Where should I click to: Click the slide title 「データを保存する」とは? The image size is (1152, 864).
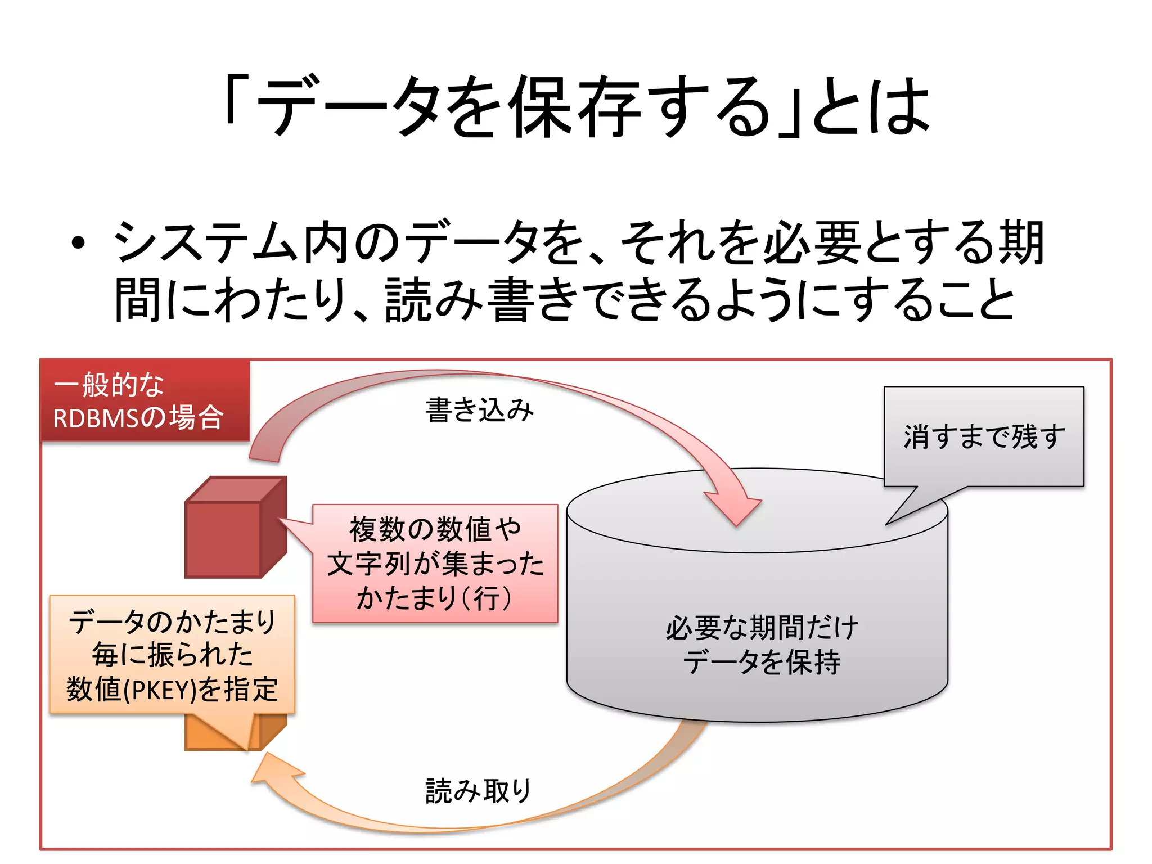coord(576,107)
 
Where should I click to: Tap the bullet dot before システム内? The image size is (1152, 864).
coord(78,243)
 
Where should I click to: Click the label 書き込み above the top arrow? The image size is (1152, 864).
coord(479,409)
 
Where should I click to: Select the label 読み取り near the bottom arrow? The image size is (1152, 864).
coord(478,791)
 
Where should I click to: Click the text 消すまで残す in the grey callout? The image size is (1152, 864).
coord(984,436)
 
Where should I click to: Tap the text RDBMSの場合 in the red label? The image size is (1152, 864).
coord(138,418)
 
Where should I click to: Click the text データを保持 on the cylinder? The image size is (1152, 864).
coord(762,662)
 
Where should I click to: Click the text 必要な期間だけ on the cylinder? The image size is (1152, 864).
coord(762,628)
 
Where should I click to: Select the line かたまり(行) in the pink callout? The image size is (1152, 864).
coord(434,598)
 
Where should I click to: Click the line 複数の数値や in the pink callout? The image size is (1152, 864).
coord(435,529)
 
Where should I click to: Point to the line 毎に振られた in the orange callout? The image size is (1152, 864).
coord(172,655)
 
